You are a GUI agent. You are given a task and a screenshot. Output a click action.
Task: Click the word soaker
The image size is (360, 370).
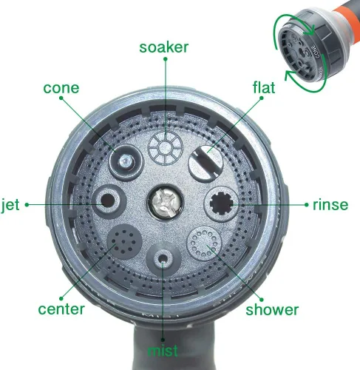coord(164,47)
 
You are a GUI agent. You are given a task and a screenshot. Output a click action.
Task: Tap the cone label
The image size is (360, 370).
coord(61,88)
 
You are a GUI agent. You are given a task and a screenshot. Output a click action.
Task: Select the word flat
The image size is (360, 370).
coord(264,87)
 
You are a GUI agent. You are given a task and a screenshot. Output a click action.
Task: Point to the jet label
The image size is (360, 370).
coord(10,205)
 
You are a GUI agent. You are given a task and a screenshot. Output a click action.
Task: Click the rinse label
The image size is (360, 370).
coord(330,205)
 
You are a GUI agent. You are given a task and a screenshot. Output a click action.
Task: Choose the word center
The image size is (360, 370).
coord(61,309)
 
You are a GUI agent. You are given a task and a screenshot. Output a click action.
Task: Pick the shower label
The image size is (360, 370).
coord(272,309)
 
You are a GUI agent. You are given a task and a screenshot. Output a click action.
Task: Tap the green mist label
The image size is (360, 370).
coord(163,351)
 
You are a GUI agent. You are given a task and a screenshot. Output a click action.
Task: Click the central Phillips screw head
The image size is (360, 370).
coord(166,203)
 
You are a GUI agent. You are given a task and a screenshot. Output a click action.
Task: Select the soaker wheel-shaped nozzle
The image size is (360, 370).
coord(165,148)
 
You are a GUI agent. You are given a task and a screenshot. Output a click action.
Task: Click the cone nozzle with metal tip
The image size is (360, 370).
coord(126,162)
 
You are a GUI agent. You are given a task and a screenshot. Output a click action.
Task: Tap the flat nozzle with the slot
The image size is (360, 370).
coord(206,164)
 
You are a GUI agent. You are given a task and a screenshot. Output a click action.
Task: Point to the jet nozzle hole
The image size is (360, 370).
coord(107,201)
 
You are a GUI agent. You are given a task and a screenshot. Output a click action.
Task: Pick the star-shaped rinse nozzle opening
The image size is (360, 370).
coord(221,203)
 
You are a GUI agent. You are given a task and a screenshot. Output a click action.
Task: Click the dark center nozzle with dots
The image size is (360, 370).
coord(124,241)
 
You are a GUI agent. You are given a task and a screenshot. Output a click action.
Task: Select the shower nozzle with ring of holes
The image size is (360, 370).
coord(204,243)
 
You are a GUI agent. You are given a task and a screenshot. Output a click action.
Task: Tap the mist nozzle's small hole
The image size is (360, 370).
coord(163,259)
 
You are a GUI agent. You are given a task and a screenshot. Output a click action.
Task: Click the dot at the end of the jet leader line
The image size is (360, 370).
coord(27,205)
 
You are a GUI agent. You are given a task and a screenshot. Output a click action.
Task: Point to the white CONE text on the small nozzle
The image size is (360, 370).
coord(316,51)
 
